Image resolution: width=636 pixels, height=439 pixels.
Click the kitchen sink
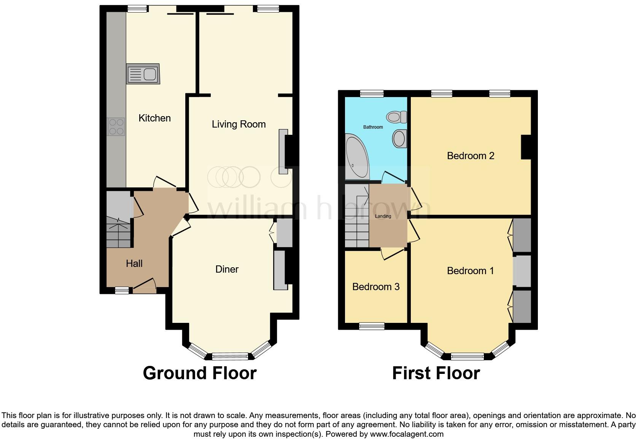[143, 74]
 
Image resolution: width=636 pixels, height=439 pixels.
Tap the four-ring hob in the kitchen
[116, 127]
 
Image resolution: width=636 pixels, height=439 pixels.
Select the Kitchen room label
[154, 118]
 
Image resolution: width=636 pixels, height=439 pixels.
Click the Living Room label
[238, 124]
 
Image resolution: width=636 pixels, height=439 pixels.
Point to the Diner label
[227, 269]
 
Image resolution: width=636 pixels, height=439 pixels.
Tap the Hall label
[134, 263]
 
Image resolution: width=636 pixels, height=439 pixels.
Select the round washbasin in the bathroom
[399, 138]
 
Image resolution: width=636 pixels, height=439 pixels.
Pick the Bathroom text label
[373, 127]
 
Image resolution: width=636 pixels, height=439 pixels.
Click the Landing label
[383, 216]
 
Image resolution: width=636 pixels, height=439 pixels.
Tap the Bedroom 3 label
[376, 287]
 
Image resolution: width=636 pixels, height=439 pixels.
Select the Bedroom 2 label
[471, 156]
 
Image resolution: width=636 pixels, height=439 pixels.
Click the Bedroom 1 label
[470, 271]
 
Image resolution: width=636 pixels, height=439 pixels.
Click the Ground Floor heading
[200, 373]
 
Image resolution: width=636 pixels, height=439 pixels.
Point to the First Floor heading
[436, 373]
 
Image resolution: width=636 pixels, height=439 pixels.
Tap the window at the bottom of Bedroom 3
[372, 326]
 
